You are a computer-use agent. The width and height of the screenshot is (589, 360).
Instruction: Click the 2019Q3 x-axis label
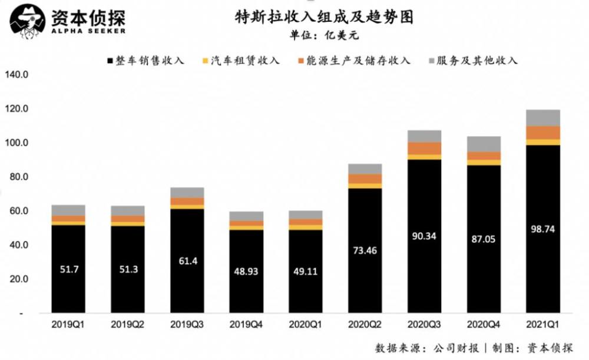pos(187,325)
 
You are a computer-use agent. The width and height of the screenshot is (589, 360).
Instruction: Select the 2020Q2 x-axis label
pos(365,325)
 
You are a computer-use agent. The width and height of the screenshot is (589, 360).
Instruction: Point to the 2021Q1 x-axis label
pos(542,325)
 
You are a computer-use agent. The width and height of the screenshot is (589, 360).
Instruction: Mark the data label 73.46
pos(365,250)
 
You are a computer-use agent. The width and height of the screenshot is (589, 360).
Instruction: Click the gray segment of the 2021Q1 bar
pos(542,117)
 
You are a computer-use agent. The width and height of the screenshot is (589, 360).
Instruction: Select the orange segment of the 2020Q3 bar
pos(424,148)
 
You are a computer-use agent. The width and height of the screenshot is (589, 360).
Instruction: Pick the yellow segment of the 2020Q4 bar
pos(483,162)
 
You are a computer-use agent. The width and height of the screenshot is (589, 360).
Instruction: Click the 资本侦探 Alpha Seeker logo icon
pos(27,22)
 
